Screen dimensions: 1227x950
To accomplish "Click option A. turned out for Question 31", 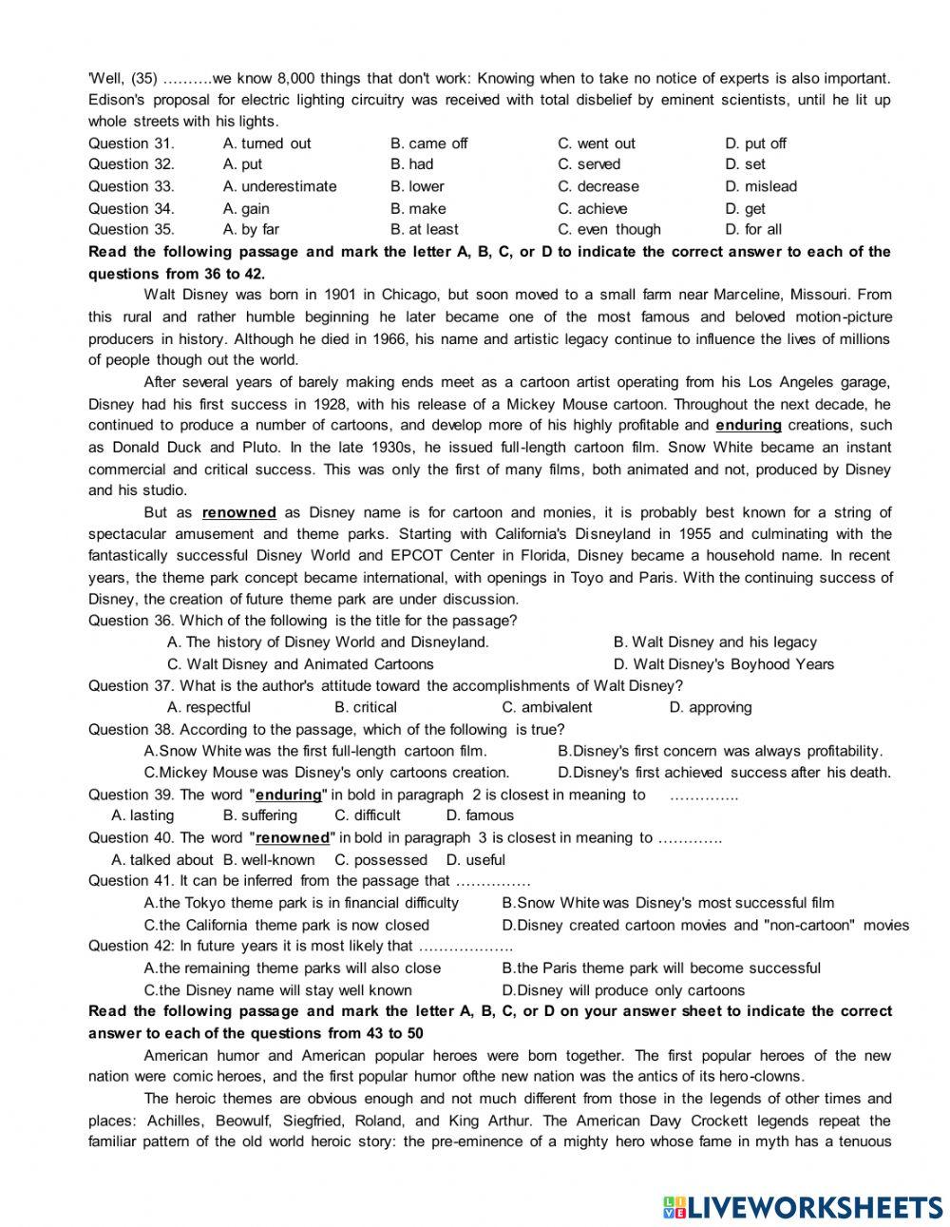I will [266, 144].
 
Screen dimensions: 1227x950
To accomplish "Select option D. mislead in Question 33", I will [760, 186].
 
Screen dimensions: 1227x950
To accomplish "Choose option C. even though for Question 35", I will [608, 229].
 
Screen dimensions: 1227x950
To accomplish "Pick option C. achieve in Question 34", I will [593, 208].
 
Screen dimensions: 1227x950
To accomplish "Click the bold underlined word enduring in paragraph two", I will [748, 425].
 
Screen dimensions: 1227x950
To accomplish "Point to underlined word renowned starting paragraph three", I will [239, 512].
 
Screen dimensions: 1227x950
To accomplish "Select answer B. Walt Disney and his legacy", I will [714, 642].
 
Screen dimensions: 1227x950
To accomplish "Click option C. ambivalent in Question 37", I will [546, 707].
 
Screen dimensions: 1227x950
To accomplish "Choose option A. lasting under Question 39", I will [142, 815].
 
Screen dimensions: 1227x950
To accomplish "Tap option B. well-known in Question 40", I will [268, 859].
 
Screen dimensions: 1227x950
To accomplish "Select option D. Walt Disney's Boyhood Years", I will [723, 664].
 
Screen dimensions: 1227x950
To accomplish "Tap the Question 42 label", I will [131, 946].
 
